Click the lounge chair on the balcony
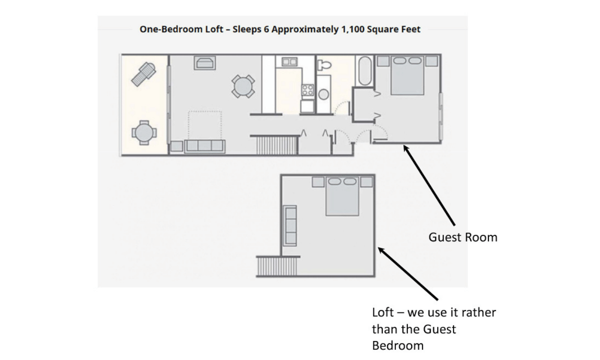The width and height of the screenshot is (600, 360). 144,74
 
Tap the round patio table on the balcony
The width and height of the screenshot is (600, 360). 144,133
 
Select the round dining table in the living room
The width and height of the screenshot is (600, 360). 243,86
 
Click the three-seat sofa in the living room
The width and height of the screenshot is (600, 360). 204,146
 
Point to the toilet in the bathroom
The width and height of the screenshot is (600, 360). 324,65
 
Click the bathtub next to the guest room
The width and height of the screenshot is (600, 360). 365,71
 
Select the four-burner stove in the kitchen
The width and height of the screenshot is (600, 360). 308,90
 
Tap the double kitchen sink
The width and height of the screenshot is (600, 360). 289,62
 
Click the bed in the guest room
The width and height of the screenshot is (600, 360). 407,75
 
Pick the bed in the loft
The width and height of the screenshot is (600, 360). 342,196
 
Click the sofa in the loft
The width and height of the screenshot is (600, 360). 290,226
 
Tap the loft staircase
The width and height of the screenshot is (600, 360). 277,266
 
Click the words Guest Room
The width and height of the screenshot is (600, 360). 463,237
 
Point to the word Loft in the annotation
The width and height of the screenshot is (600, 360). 383,312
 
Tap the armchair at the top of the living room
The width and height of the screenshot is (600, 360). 204,63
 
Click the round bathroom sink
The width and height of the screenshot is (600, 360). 324,95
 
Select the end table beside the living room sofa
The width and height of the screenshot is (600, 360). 176,146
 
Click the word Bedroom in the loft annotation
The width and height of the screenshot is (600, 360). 398,346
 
